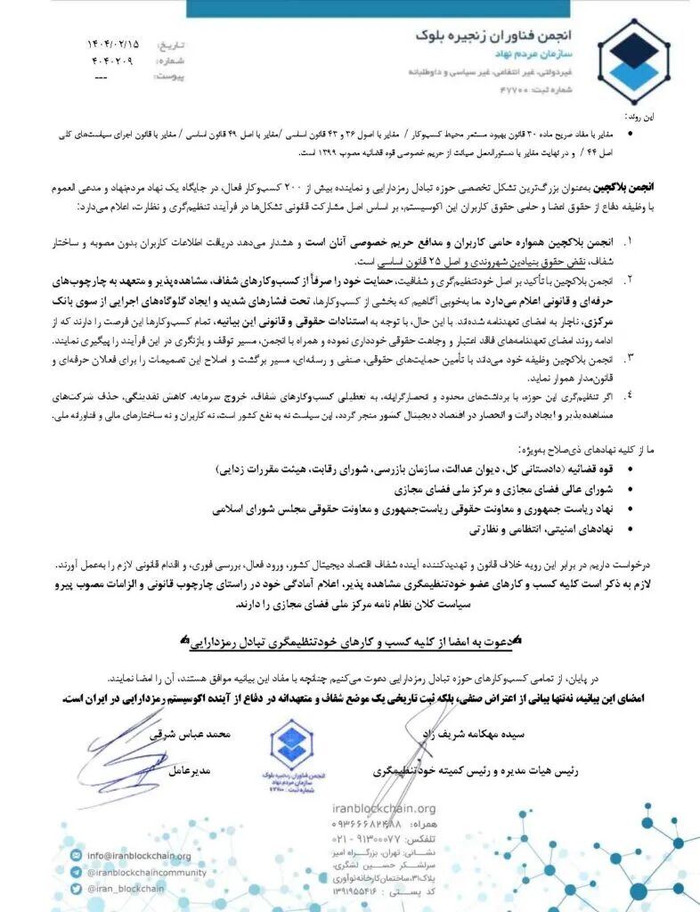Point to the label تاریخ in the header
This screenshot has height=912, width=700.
coord(168,44)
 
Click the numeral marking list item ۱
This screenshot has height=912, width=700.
coord(630,240)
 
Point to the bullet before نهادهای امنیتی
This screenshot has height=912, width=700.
coord(631,529)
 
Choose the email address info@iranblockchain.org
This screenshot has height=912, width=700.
coord(138,856)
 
